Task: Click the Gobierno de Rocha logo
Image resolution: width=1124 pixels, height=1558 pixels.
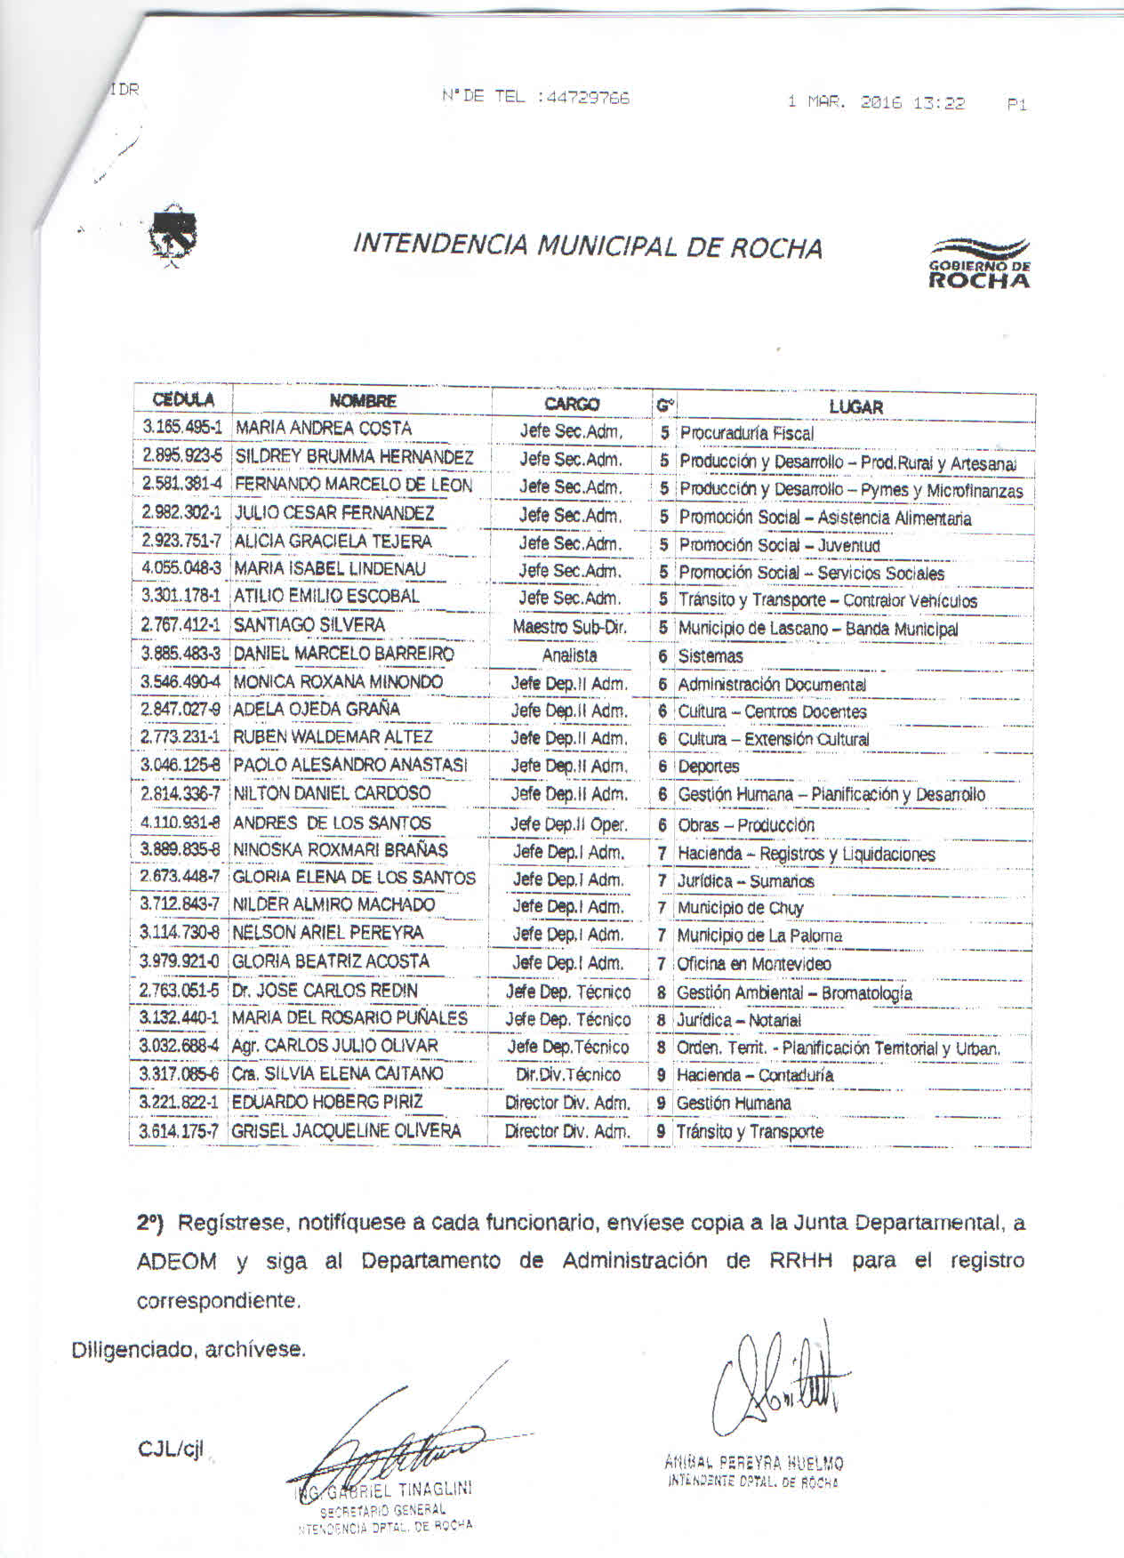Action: [x=978, y=263]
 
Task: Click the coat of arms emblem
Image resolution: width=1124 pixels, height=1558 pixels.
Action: [x=173, y=236]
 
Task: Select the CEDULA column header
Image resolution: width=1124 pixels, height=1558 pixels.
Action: [x=183, y=399]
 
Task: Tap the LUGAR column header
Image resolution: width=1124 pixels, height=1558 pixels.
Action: [x=855, y=406]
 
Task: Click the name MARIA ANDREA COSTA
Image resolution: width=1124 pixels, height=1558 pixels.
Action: [x=323, y=428]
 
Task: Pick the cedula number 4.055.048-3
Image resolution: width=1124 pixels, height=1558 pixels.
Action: [x=181, y=567]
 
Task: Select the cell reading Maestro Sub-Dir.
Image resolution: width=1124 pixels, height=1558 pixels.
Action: [x=570, y=627]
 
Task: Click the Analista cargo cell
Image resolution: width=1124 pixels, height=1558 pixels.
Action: [x=570, y=655]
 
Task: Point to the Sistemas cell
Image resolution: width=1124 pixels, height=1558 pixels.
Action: [x=711, y=656]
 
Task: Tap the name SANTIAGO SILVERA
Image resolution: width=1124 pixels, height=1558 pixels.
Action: [x=309, y=625]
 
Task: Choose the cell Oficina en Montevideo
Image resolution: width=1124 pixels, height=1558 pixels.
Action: [x=754, y=964]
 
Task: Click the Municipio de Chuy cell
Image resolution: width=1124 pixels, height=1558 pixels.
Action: [x=740, y=908]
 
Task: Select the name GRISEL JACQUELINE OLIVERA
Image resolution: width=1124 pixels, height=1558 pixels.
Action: [x=347, y=1131]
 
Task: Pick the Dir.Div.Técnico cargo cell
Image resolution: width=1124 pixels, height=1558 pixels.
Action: [x=568, y=1074]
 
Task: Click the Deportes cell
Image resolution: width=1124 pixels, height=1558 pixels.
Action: [x=709, y=767]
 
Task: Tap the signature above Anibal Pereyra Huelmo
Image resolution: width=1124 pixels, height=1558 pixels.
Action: [x=780, y=1383]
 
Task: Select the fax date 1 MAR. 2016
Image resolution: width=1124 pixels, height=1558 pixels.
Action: [x=844, y=103]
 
